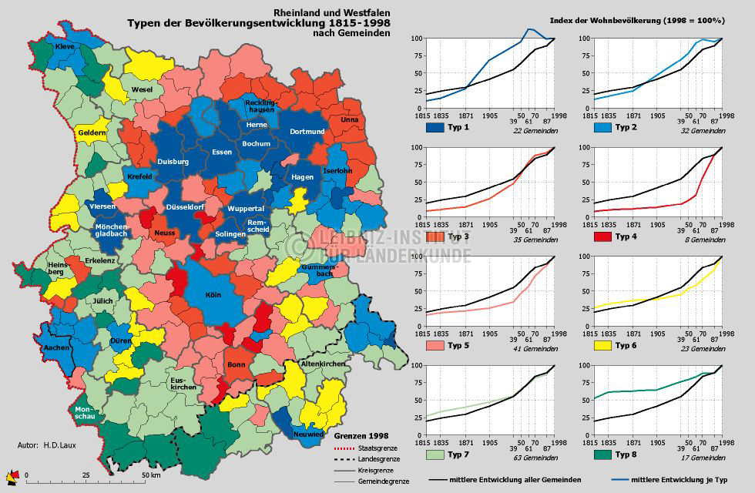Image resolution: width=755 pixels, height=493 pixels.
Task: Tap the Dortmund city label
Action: point(307,132)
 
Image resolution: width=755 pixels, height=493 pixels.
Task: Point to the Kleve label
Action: point(65,48)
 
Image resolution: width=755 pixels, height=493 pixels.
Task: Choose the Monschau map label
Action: point(85,413)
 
